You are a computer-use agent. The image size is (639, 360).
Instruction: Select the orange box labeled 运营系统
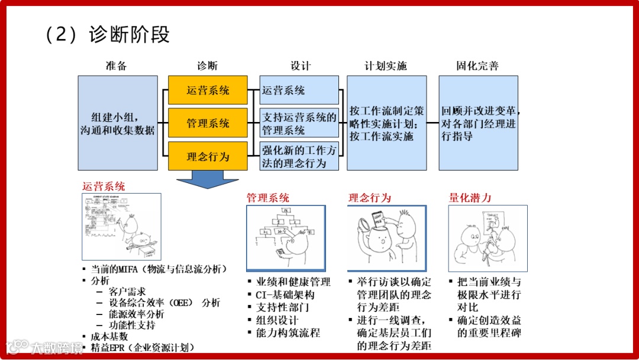pos(208,91)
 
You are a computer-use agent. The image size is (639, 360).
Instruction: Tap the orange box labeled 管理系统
pos(208,123)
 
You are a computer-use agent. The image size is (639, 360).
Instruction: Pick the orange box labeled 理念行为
pos(208,156)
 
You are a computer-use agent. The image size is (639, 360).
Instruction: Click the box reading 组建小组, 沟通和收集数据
pos(118,123)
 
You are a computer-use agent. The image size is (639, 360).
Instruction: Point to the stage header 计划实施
pos(386,66)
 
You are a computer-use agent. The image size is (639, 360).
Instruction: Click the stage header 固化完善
pos(477,66)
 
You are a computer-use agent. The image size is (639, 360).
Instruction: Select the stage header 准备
pos(117,66)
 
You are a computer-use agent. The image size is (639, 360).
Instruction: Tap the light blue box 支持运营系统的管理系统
pos(299,123)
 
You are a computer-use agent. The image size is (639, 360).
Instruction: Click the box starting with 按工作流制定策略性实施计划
pos(386,123)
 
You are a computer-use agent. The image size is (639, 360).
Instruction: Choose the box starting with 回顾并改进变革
pos(478,123)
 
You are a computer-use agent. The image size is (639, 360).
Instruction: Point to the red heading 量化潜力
pos(470,198)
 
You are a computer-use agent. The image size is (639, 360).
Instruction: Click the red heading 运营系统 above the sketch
pos(104,187)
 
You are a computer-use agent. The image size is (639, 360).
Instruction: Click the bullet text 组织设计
pos(277,320)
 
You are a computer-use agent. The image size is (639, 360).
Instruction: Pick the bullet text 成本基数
pos(109,336)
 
